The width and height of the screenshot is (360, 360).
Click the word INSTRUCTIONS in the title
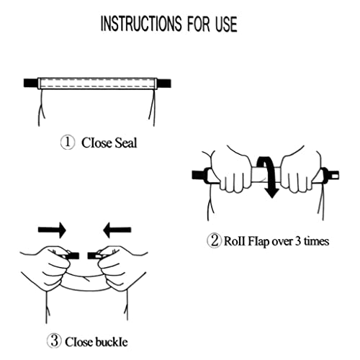141,24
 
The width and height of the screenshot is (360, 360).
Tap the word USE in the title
226,24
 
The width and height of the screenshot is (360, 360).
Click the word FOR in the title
198,24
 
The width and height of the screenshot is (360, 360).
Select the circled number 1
68,143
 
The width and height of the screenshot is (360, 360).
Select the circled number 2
214,240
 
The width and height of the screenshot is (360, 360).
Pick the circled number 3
55,341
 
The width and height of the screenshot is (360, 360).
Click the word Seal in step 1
126,143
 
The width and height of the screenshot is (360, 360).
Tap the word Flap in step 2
258,240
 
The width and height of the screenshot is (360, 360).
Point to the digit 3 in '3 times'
297,240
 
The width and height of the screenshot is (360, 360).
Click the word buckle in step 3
111,341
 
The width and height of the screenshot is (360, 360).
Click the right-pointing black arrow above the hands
52,230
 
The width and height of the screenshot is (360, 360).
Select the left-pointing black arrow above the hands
117,230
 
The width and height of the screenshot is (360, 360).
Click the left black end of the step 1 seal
31,83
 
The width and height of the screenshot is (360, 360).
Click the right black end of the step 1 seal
164,84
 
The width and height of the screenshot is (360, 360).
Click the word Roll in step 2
235,240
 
